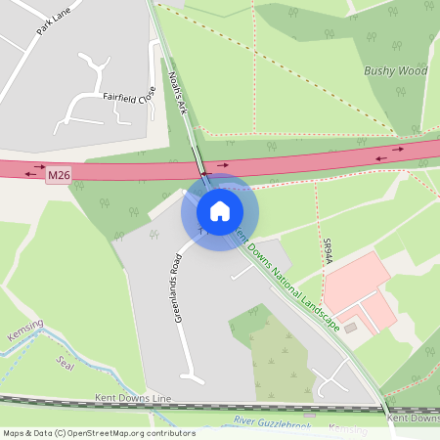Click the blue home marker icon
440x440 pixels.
pyautogui.click(x=220, y=210)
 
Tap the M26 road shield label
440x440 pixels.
pyautogui.click(x=59, y=175)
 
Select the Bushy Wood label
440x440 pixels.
pyautogui.click(x=395, y=70)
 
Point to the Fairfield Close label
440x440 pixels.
pyautogui.click(x=129, y=98)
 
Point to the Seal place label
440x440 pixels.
pyautogui.click(x=66, y=364)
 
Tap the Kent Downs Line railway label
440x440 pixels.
pyautogui.click(x=133, y=399)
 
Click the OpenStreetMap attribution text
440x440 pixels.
pyautogui.click(x=99, y=433)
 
